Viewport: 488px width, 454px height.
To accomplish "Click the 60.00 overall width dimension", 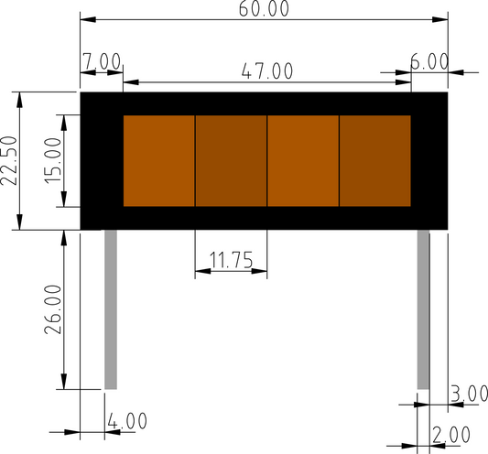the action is pyautogui.click(x=264, y=9).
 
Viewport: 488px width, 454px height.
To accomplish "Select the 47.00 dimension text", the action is pyautogui.click(x=267, y=71).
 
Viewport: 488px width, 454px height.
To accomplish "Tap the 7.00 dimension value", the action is pyautogui.click(x=102, y=61).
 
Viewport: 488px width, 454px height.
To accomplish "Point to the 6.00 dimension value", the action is pyautogui.click(x=429, y=61).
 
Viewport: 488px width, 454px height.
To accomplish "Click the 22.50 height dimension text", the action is pyautogui.click(x=8, y=160).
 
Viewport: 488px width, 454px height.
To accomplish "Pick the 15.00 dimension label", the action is pyautogui.click(x=53, y=160).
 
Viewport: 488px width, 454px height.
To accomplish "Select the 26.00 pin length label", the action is pyautogui.click(x=53, y=309).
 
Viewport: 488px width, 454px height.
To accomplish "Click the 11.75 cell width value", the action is pyautogui.click(x=232, y=260).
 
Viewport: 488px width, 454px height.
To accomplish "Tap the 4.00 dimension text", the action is pyautogui.click(x=127, y=421).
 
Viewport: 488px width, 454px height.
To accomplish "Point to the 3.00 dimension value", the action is pyautogui.click(x=470, y=394).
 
